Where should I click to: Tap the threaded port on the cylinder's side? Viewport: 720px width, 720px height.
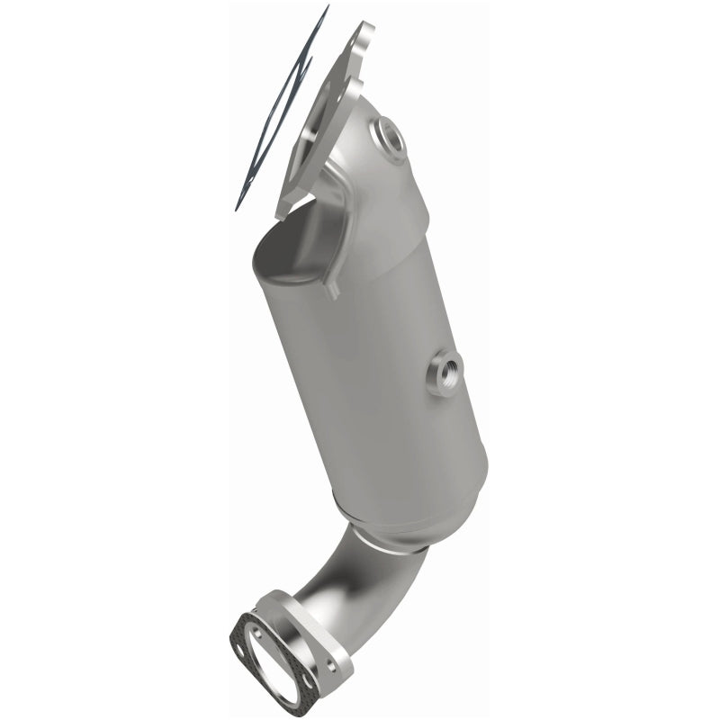pyautogui.click(x=445, y=371)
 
